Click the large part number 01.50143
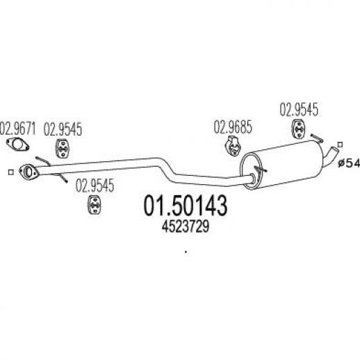coord(186,206)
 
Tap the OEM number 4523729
coord(186,227)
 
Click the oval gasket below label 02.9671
coord(17,145)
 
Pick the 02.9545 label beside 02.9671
coord(63,129)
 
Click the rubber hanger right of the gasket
coord(63,149)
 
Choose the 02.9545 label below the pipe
coord(95,186)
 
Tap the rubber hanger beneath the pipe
coord(94,204)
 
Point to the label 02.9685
coord(233,127)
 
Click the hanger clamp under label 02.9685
coord(233,146)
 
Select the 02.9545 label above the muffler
coord(299,109)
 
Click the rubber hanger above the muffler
coord(298,129)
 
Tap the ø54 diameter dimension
coord(349,163)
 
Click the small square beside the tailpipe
coord(340,145)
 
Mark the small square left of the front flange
coord(10,172)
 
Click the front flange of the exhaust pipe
coord(28,172)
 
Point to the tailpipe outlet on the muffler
coord(332,155)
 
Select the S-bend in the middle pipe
coord(166,170)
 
